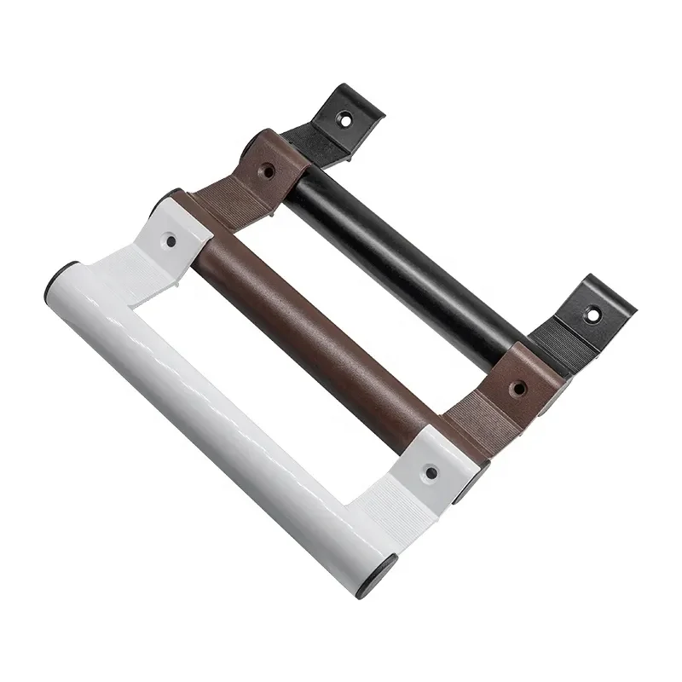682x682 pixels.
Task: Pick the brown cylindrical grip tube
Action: [324, 341]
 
